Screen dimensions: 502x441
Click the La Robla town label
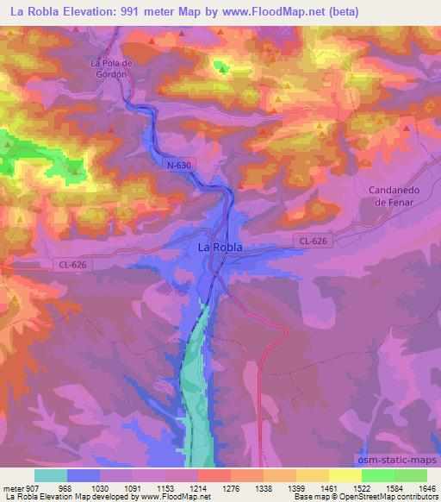coord(220,248)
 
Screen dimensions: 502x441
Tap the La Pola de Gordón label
coord(114,67)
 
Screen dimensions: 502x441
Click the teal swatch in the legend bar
coord(51,475)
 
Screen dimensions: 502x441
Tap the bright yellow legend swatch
coord(345,475)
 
